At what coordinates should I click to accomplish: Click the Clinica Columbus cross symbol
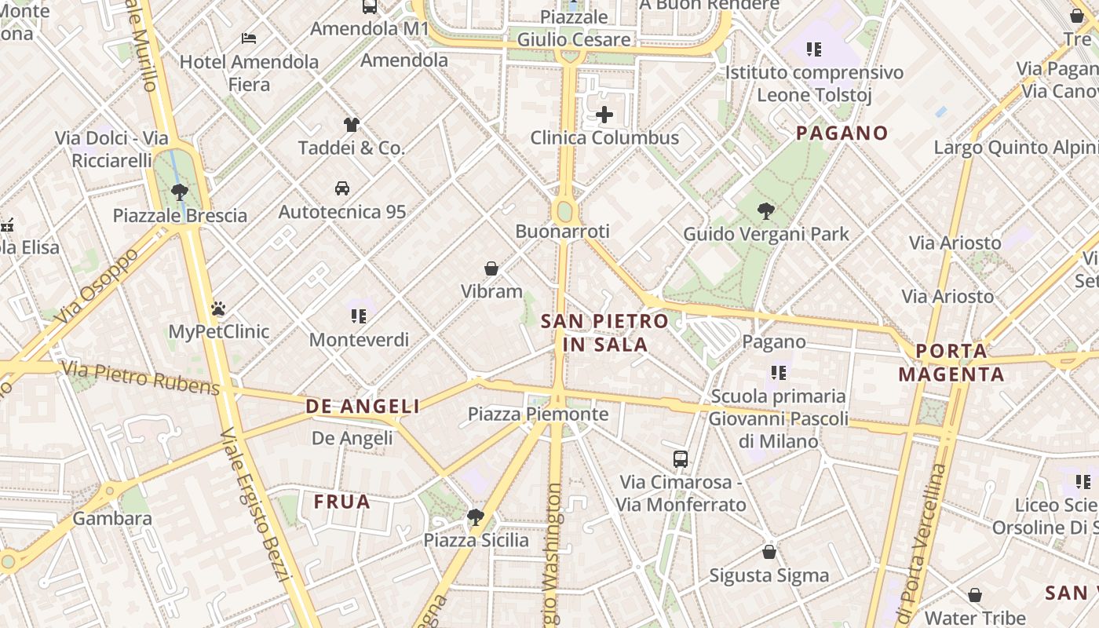click(604, 115)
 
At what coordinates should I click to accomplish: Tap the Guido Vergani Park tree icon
click(766, 210)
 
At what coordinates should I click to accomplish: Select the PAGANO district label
click(842, 133)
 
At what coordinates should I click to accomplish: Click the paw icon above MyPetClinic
click(218, 309)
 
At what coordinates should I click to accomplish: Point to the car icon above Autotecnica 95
click(342, 188)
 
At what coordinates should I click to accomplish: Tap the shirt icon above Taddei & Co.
click(351, 124)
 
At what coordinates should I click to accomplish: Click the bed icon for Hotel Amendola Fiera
click(249, 38)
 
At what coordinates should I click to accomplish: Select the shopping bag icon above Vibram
click(491, 268)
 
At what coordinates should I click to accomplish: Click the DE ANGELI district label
click(362, 406)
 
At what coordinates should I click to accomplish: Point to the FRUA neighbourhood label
click(341, 502)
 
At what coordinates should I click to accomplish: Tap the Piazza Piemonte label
click(538, 414)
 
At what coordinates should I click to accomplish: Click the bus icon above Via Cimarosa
click(681, 459)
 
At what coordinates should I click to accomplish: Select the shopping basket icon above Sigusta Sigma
click(769, 552)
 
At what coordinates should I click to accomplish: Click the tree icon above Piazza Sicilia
click(475, 517)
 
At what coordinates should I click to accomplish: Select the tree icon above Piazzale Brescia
click(180, 192)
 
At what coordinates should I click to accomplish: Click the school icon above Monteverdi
click(359, 316)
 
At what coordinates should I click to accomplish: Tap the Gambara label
click(112, 518)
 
